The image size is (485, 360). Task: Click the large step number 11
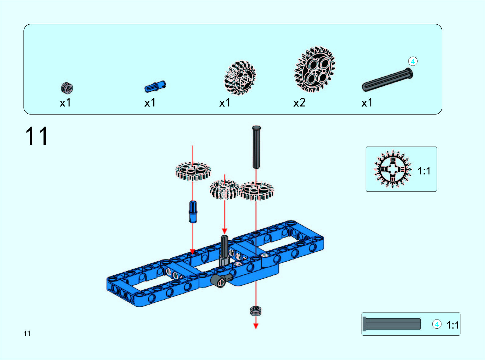click(37, 136)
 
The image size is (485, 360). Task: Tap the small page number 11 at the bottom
click(27, 333)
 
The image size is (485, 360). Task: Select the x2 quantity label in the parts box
click(299, 103)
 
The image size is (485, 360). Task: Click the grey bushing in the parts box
click(67, 88)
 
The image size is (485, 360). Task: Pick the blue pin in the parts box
click(155, 86)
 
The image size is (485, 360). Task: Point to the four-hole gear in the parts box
click(315, 69)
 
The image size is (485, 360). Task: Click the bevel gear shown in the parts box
click(240, 78)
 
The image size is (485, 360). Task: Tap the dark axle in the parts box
click(387, 80)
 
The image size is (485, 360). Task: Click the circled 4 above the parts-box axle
click(413, 62)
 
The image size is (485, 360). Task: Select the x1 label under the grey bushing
click(65, 103)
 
